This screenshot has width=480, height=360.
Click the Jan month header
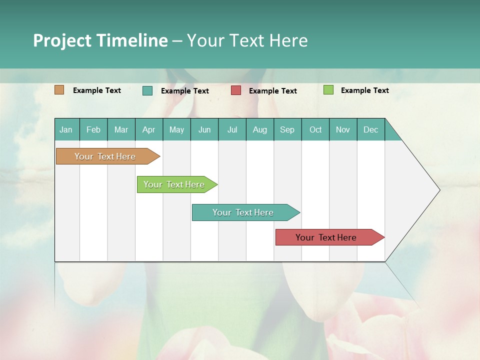pyautogui.click(x=66, y=129)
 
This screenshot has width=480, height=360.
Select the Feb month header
pyautogui.click(x=93, y=129)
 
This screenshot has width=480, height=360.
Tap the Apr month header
pyautogui.click(x=148, y=129)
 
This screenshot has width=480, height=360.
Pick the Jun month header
pyautogui.click(x=204, y=129)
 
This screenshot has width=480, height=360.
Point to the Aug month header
pyautogui.click(x=259, y=129)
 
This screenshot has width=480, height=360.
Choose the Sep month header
pyautogui.click(x=287, y=129)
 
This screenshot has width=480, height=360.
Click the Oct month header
pyautogui.click(x=315, y=129)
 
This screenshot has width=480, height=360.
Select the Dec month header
pyautogui.click(x=370, y=129)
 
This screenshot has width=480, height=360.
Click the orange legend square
pyautogui.click(x=59, y=90)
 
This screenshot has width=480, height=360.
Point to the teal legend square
pyautogui.click(x=147, y=90)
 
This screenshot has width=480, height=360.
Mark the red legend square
pyautogui.click(x=236, y=90)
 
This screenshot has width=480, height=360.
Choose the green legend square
pyautogui.click(x=328, y=90)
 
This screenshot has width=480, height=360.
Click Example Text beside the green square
pyautogui.click(x=364, y=90)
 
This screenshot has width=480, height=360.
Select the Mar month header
pyautogui.click(x=121, y=129)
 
